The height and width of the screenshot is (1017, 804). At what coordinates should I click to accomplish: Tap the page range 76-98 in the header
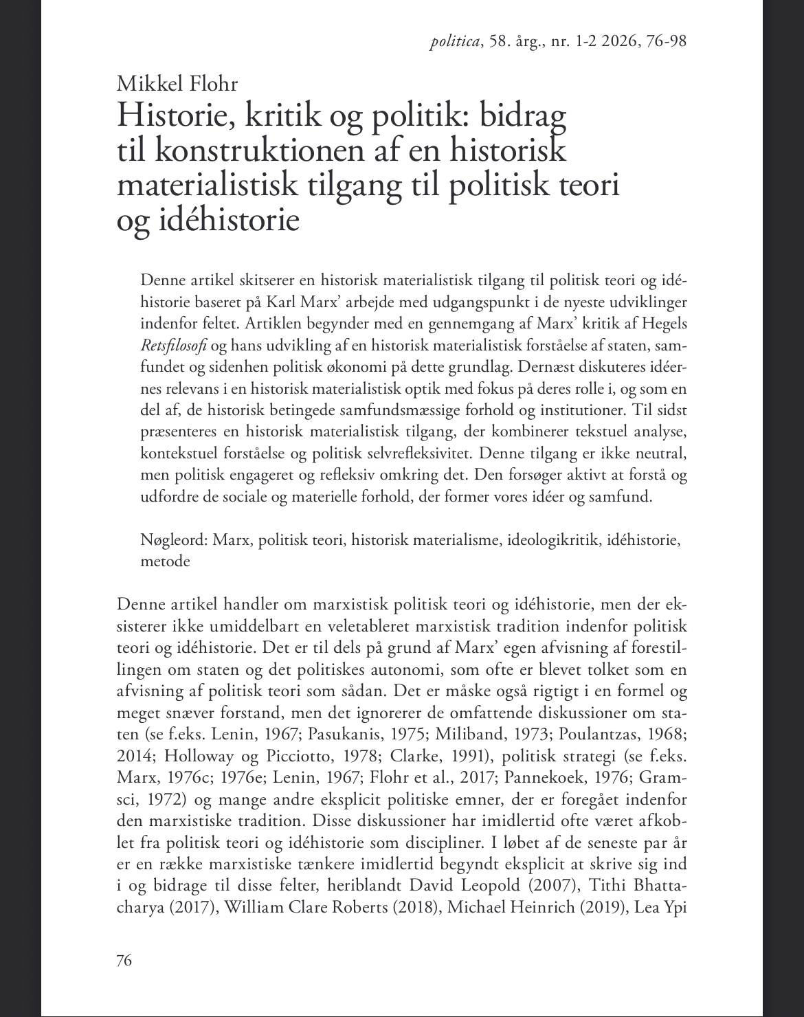click(662, 41)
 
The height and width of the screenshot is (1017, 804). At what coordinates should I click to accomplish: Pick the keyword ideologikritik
click(559, 540)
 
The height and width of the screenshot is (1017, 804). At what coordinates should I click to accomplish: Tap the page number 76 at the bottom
click(124, 959)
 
